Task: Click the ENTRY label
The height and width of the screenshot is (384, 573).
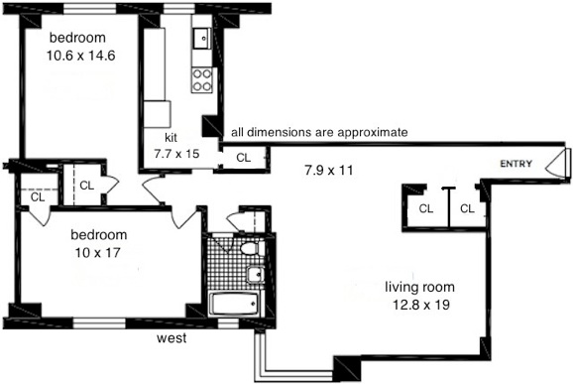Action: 516,164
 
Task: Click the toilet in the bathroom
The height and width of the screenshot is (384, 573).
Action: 252,249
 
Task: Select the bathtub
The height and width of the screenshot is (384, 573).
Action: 235,304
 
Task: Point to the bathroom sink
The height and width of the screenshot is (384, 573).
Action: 256,274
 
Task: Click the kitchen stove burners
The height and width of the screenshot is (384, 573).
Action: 202,79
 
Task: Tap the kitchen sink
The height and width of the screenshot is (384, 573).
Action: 201,38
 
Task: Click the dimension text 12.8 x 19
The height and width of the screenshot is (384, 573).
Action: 421,305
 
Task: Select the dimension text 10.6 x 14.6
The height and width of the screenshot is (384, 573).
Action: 80,56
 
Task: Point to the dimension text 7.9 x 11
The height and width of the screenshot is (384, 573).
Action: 328,170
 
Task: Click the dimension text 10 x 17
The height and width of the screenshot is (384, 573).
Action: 98,252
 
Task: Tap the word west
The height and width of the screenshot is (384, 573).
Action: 172,338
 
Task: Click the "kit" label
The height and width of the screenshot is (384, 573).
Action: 172,138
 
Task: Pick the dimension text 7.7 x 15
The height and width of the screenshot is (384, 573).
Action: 176,154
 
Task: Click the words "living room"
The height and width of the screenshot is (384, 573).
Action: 420,287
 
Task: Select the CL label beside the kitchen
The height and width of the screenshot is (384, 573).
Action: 244,158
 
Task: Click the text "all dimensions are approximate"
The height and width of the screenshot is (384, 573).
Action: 319,132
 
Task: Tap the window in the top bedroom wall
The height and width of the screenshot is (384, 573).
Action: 90,9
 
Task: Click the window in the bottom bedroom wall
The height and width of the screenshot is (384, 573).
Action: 99,323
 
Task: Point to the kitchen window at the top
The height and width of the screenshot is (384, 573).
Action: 178,9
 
